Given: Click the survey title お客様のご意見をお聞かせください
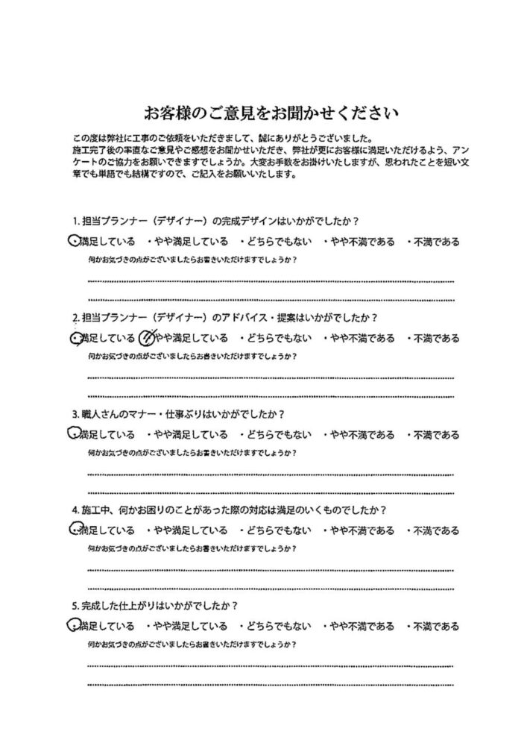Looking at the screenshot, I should pyautogui.click(x=272, y=114).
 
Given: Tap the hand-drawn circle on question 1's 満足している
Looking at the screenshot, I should pyautogui.click(x=72, y=240).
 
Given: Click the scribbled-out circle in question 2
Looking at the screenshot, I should pyautogui.click(x=148, y=337).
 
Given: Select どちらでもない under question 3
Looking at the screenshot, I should pyautogui.click(x=274, y=435).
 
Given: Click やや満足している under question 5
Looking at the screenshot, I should pyautogui.click(x=187, y=626).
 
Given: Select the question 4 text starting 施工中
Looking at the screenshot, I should pyautogui.click(x=229, y=511).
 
